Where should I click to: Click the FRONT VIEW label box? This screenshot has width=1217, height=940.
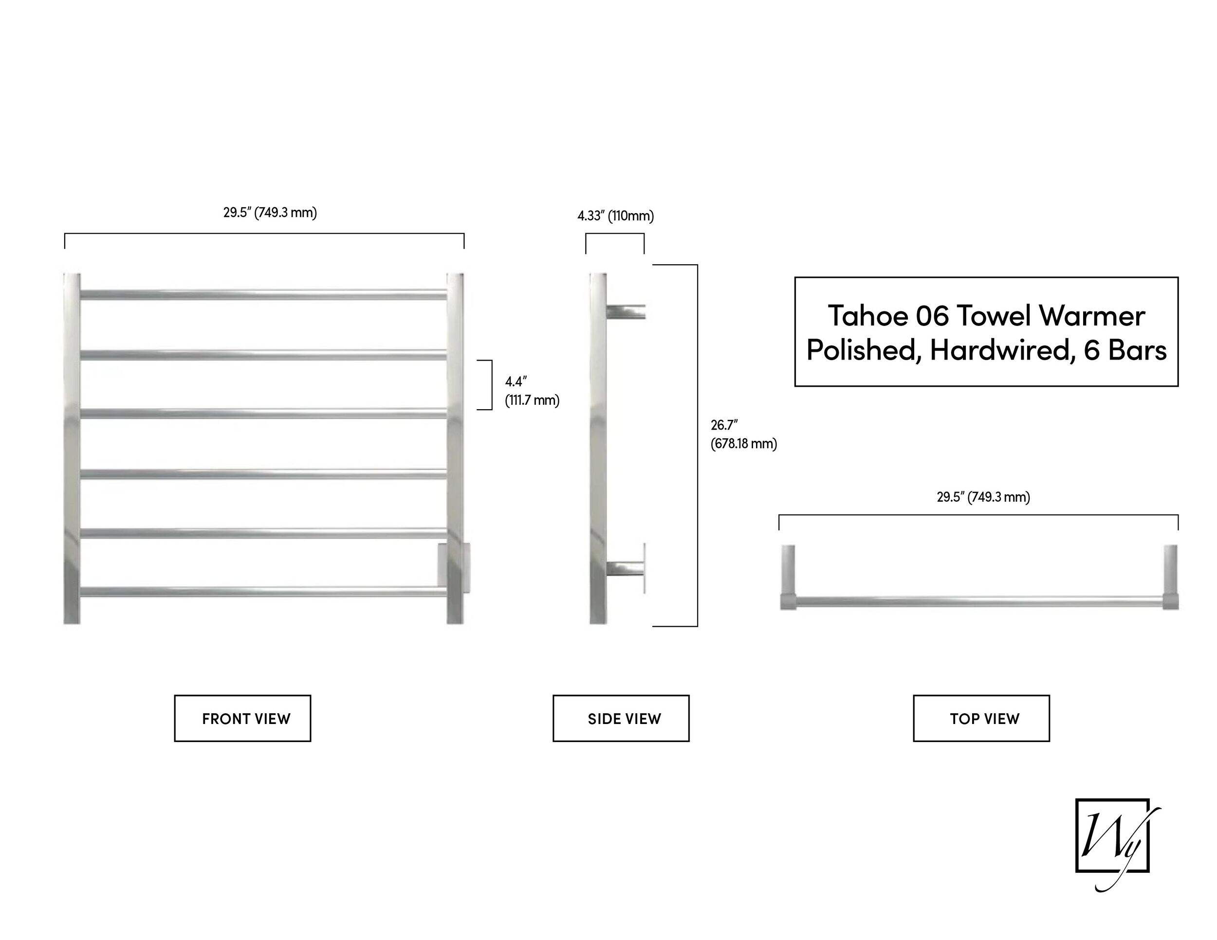[x=242, y=718]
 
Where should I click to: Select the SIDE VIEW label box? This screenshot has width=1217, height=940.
[x=621, y=718]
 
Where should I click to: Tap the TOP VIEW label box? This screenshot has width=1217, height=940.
[x=981, y=718]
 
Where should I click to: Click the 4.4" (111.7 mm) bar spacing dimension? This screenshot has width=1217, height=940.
[x=532, y=391]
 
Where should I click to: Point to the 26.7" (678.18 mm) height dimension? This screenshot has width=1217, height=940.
[x=743, y=434]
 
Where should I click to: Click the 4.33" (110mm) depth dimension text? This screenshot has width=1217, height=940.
[x=616, y=216]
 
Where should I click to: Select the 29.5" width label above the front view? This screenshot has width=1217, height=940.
[x=270, y=213]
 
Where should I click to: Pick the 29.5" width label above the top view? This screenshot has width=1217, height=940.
[x=983, y=497]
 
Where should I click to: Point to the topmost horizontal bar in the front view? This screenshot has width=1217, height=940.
[x=263, y=294]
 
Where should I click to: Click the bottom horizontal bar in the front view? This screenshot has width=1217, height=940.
[x=263, y=592]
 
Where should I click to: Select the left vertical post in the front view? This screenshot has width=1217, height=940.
[x=72, y=448]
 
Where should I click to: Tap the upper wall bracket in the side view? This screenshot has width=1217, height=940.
[x=626, y=312]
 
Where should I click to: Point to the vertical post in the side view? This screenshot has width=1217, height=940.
[x=598, y=448]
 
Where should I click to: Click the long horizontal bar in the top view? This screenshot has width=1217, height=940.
[x=979, y=601]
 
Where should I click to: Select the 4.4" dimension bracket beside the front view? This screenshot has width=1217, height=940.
[x=492, y=385]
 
